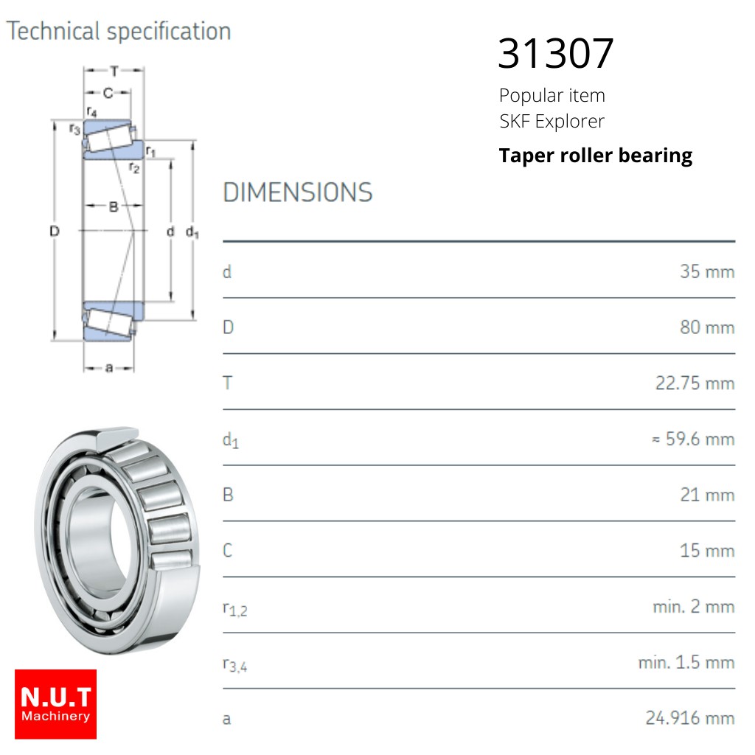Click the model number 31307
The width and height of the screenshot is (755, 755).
[556, 53]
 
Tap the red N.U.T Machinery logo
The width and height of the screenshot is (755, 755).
[55, 704]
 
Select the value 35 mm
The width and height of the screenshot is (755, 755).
[707, 271]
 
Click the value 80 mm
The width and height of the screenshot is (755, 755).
[707, 327]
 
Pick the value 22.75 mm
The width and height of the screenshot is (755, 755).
[695, 383]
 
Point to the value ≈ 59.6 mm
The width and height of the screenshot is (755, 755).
[693, 439]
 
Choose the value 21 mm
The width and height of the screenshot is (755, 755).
[707, 495]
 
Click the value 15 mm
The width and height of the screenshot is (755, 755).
[707, 551]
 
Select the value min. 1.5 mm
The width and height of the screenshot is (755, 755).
[686, 663]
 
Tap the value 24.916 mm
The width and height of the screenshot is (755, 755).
[690, 718]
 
